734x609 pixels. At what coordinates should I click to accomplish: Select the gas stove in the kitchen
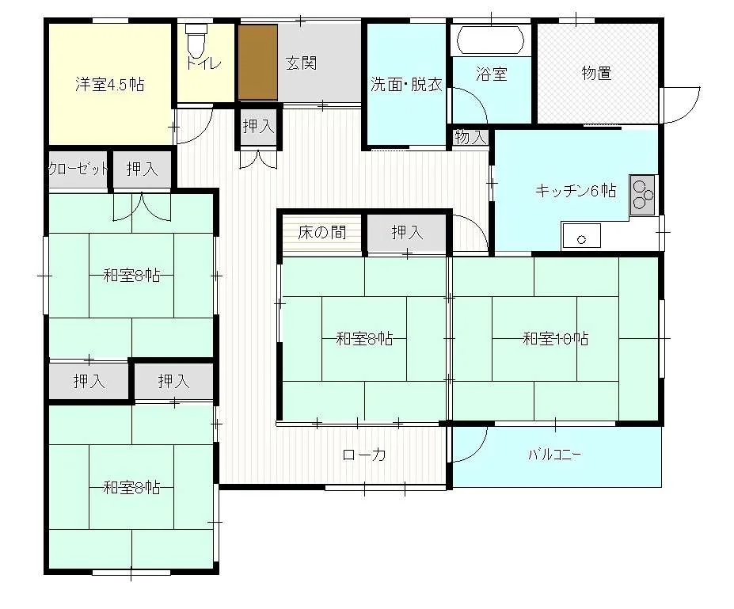[x=642, y=195]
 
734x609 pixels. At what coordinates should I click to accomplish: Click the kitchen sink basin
[x=581, y=235]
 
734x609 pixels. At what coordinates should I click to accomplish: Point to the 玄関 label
[x=301, y=63]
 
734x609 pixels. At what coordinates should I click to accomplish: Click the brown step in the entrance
[x=258, y=63]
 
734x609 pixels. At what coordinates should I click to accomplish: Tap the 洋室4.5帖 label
[x=109, y=84]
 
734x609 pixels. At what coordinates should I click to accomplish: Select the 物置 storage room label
[x=596, y=73]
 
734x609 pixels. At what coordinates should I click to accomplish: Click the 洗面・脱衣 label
[x=406, y=84]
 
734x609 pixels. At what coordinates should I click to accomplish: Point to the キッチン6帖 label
[x=576, y=191]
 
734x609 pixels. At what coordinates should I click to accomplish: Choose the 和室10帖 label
[x=556, y=338]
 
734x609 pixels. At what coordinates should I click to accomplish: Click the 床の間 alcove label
[x=322, y=232]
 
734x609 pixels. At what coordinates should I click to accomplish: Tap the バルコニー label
[x=555, y=455]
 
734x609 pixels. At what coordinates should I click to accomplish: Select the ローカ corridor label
[x=364, y=455]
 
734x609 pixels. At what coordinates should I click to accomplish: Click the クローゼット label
[x=78, y=169]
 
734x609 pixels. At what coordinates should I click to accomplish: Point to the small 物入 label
[x=470, y=138]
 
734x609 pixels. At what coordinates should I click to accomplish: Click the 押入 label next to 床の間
[x=407, y=232]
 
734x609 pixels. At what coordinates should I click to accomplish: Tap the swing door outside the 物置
[x=682, y=106]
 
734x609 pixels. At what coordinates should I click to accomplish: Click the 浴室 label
[x=492, y=74]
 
